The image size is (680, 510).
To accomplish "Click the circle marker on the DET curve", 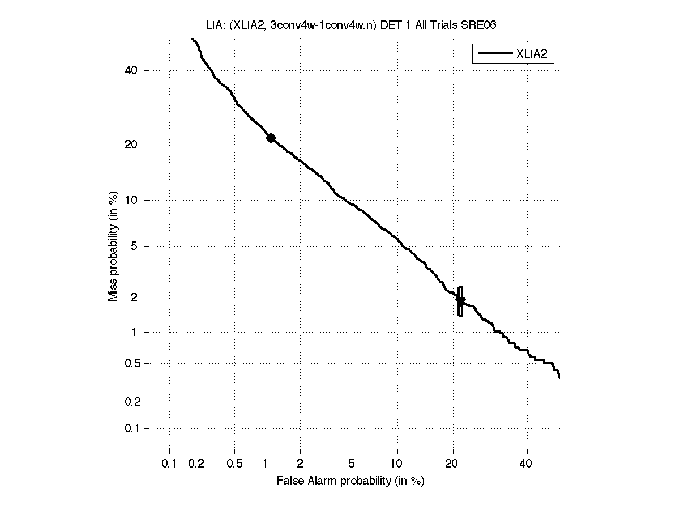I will click(x=271, y=138).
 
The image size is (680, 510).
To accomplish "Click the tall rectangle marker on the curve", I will click(x=460, y=301).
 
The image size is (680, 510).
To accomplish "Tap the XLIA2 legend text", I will click(x=531, y=54).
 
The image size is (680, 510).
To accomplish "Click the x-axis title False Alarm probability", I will click(x=350, y=481).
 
